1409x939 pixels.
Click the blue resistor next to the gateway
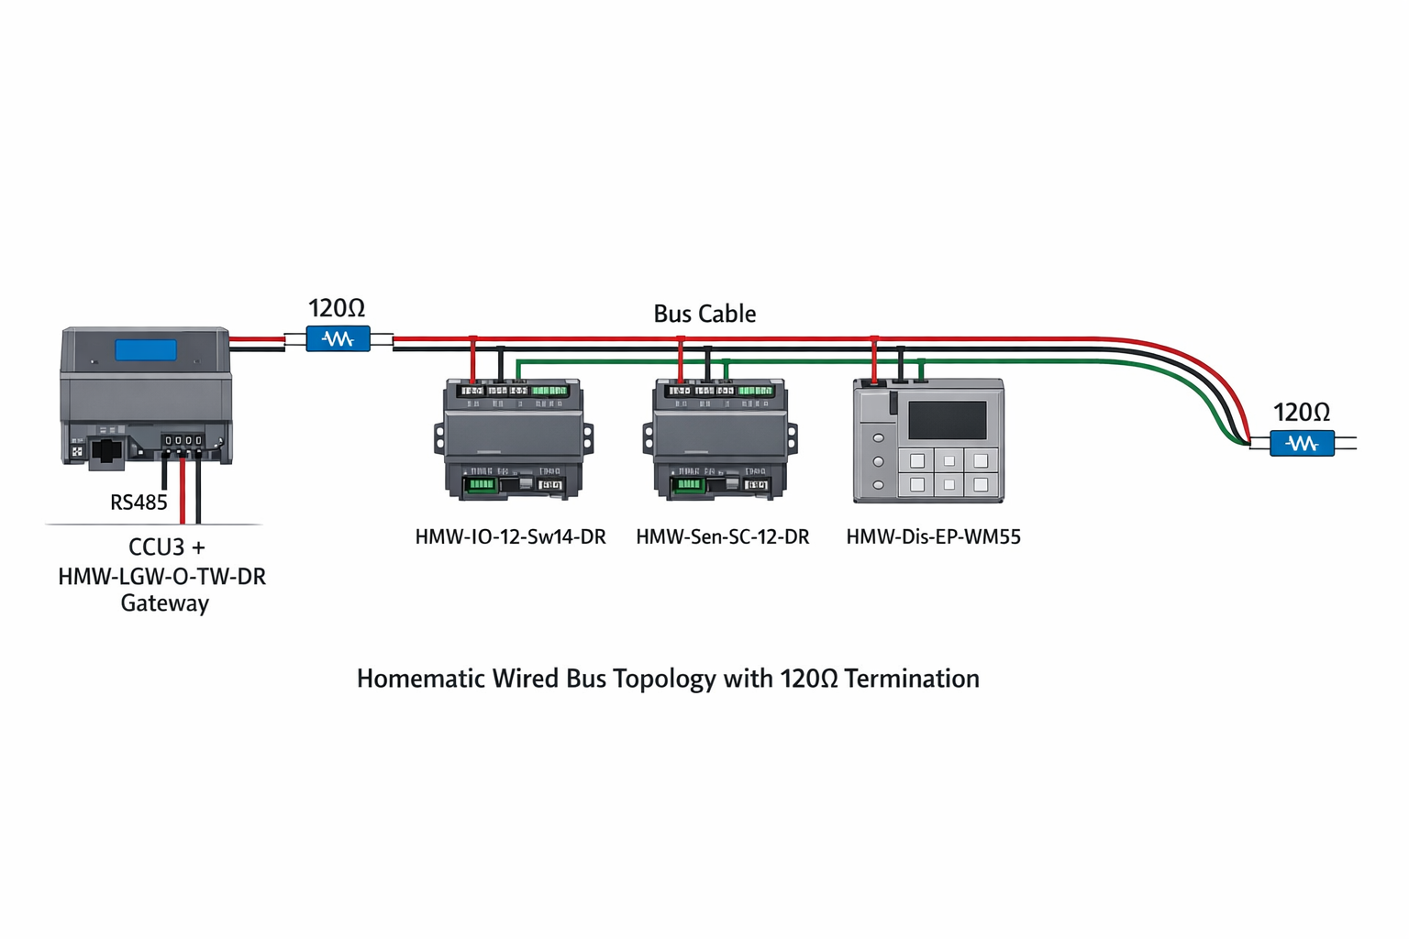[338, 339]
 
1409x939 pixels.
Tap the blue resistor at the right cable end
[1302, 444]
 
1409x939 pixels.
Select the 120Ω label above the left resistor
[337, 308]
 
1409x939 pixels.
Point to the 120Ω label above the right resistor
[1301, 413]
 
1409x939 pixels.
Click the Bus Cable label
[704, 314]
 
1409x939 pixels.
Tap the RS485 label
[139, 503]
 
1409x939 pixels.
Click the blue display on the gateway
[146, 350]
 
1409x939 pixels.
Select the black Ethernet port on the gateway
[107, 452]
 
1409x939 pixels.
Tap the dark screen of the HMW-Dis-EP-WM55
[947, 420]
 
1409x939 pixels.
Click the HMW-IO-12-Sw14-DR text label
[510, 537]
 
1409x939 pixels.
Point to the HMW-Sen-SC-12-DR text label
[723, 537]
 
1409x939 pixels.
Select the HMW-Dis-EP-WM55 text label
[933, 537]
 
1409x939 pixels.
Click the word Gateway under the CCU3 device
[165, 603]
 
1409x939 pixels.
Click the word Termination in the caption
[912, 679]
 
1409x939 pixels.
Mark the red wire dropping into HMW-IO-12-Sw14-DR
[472, 359]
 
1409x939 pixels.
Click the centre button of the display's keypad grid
[949, 461]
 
